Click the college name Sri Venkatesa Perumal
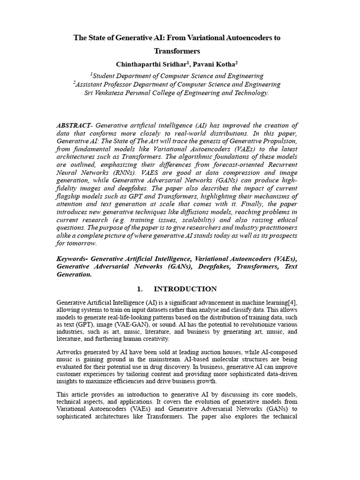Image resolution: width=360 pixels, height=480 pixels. [123, 93]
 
